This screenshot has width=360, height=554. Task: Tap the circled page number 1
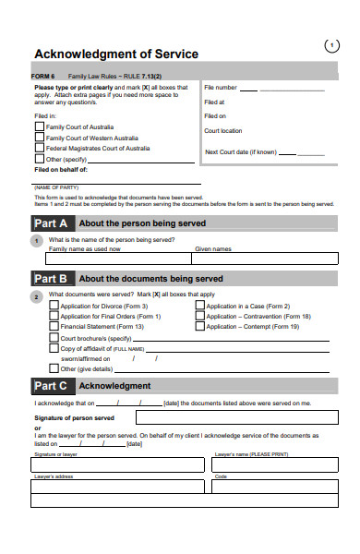pyautogui.click(x=332, y=45)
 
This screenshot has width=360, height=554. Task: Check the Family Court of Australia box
pyautogui.click(x=39, y=126)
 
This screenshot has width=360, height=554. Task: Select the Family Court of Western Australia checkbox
pyautogui.click(x=39, y=137)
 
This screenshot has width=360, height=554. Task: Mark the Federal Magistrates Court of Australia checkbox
pyautogui.click(x=39, y=147)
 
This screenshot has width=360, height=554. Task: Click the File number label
pyautogui.click(x=221, y=88)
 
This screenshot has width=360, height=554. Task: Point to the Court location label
pyautogui.click(x=223, y=131)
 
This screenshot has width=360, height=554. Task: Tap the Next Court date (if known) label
pyautogui.click(x=240, y=152)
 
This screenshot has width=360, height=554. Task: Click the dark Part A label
pyautogui.click(x=51, y=223)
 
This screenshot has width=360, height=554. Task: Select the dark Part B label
pyautogui.click(x=51, y=278)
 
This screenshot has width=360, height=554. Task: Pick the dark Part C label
pyautogui.click(x=51, y=385)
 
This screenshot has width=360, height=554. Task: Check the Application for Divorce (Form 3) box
pyautogui.click(x=54, y=306)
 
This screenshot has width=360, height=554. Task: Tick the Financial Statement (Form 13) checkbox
pyautogui.click(x=54, y=326)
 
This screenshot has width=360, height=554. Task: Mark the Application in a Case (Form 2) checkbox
pyautogui.click(x=200, y=306)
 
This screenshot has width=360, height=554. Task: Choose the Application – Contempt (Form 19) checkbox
pyautogui.click(x=200, y=326)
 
